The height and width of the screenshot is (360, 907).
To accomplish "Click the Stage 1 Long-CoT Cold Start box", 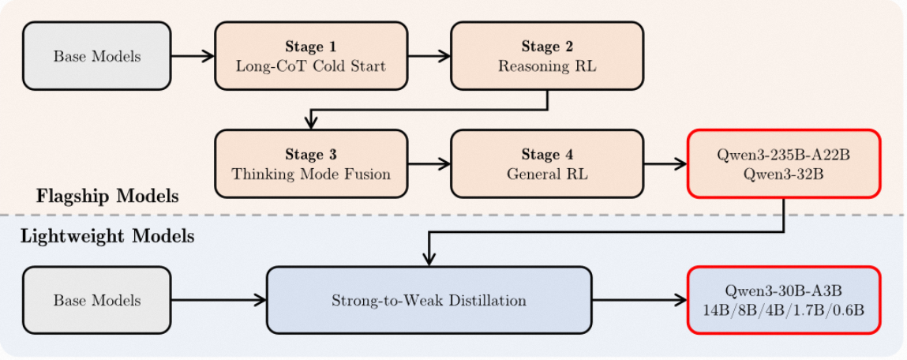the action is pyautogui.click(x=311, y=56).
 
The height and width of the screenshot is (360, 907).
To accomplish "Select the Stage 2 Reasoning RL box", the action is pyautogui.click(x=547, y=56).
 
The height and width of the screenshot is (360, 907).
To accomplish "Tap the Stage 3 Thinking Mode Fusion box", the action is pyautogui.click(x=311, y=163).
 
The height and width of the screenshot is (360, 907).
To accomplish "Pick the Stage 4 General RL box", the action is pyautogui.click(x=547, y=163).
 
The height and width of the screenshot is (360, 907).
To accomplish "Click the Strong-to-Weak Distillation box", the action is pyautogui.click(x=429, y=300).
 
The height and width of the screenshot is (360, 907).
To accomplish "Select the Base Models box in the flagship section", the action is pyautogui.click(x=97, y=56).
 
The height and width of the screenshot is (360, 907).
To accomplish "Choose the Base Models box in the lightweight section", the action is pyautogui.click(x=97, y=300).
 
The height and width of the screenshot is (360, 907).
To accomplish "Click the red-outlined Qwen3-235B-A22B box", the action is pyautogui.click(x=784, y=163).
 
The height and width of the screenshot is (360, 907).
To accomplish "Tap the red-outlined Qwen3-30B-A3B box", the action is pyautogui.click(x=784, y=300).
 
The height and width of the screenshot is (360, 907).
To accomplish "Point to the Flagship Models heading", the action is pyautogui.click(x=107, y=197).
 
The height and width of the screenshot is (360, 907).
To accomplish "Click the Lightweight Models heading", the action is pyautogui.click(x=107, y=237).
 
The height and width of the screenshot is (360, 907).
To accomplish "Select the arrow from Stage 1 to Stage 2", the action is pyautogui.click(x=429, y=56).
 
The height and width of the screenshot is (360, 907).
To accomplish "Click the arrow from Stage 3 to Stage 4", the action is pyautogui.click(x=429, y=163).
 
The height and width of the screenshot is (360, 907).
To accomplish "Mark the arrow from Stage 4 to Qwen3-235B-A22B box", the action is pyautogui.click(x=665, y=163).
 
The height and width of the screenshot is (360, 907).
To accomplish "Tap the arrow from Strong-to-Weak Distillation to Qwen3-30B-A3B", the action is pyautogui.click(x=639, y=300).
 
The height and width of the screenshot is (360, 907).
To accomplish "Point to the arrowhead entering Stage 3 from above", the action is pyautogui.click(x=311, y=123).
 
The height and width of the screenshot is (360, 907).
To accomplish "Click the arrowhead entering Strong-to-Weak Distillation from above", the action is pyautogui.click(x=429, y=260).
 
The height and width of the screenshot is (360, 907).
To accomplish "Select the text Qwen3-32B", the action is pyautogui.click(x=784, y=174).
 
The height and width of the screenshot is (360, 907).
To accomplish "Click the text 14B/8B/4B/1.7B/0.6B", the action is pyautogui.click(x=784, y=310).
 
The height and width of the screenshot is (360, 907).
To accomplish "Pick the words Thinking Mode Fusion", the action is pyautogui.click(x=311, y=174).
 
